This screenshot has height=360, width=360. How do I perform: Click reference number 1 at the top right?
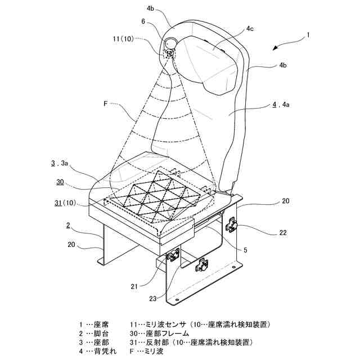tap(308, 34)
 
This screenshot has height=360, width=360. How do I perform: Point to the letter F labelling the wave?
tap(105, 103)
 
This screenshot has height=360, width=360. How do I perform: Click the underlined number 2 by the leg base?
tap(67, 225)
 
